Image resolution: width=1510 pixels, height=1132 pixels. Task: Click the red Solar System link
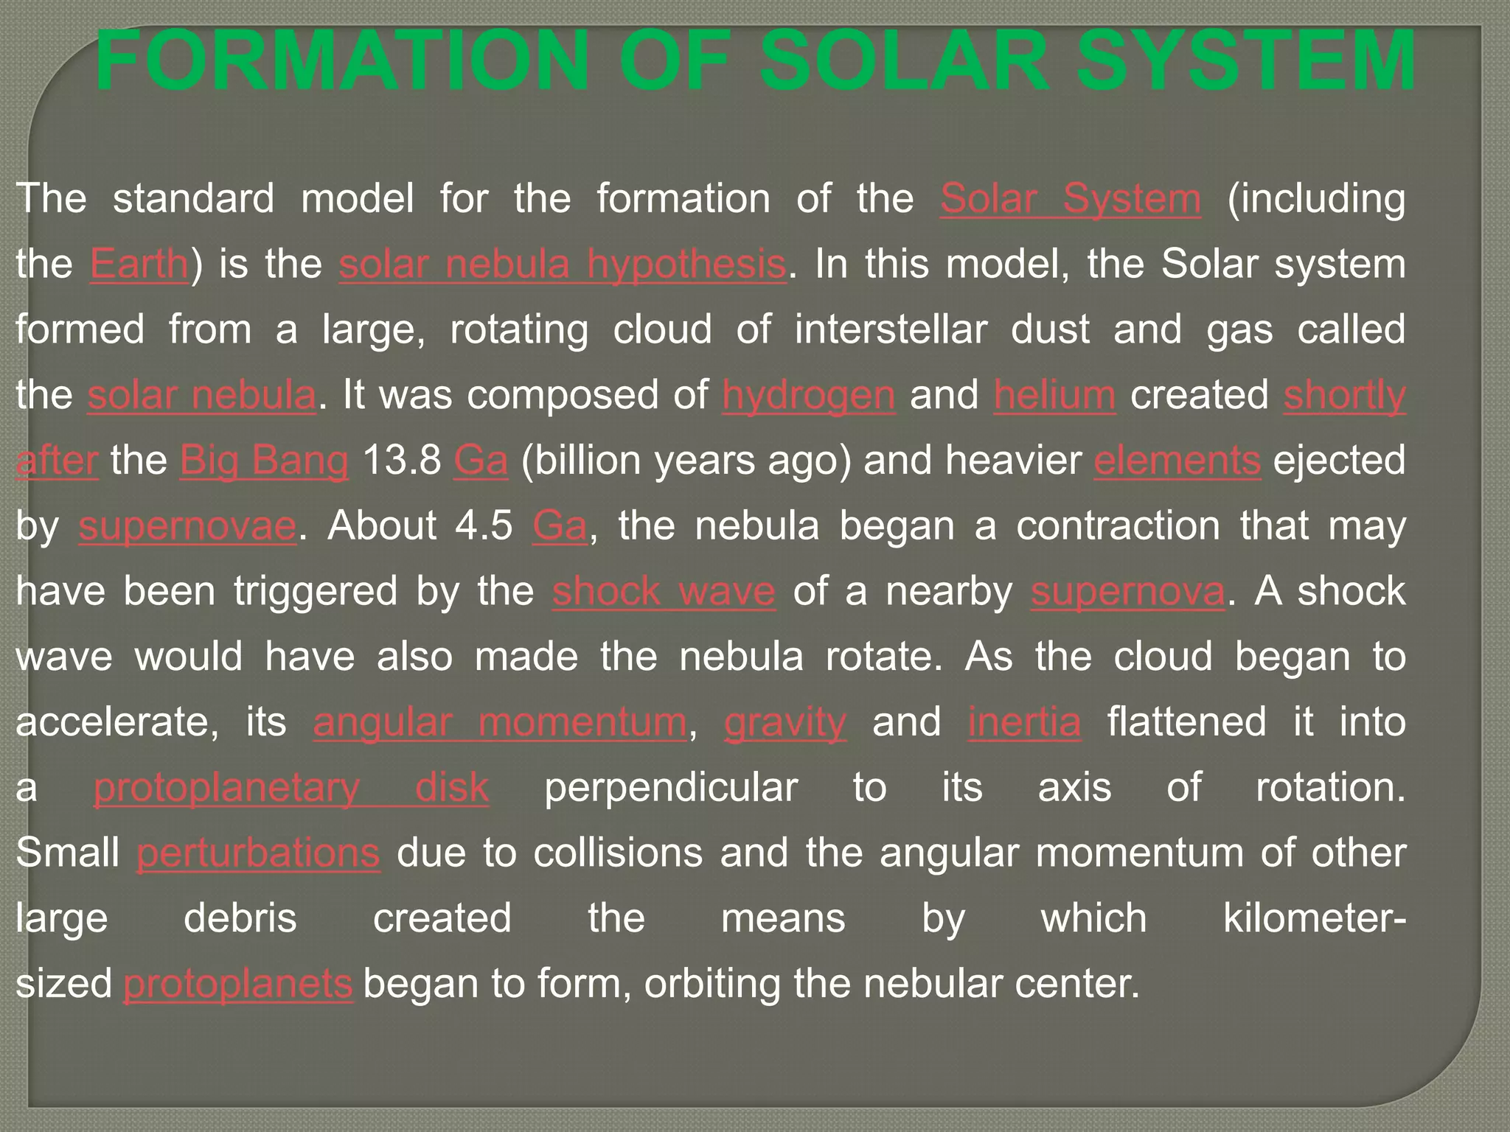[x=1071, y=199]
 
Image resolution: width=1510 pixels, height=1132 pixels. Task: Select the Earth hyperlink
[x=139, y=265]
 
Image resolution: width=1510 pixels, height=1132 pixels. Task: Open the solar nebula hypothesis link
[x=563, y=265]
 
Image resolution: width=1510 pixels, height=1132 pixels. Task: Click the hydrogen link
[x=809, y=395]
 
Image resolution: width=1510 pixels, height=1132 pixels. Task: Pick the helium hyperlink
[x=1054, y=395]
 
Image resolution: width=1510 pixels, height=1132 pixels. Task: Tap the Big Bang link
[x=264, y=461]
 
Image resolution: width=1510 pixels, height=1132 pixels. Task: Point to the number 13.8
[x=402, y=461]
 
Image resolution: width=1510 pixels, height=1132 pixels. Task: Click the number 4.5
[x=484, y=526]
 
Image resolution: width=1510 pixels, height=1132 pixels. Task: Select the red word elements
[x=1177, y=461]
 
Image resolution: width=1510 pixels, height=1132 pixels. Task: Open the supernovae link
[x=187, y=526]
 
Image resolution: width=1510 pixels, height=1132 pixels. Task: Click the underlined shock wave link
[x=664, y=592]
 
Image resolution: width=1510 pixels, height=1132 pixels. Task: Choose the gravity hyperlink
[x=785, y=722]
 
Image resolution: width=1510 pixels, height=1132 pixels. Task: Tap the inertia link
[x=1024, y=722]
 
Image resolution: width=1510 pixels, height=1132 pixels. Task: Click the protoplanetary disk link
[x=291, y=788]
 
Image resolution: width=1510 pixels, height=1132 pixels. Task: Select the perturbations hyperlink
[x=258, y=853]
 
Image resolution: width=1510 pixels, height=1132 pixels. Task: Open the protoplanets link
[x=238, y=985]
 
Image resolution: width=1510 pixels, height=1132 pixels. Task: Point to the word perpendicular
[x=671, y=788]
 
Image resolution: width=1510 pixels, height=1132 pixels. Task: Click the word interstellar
[x=891, y=329]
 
